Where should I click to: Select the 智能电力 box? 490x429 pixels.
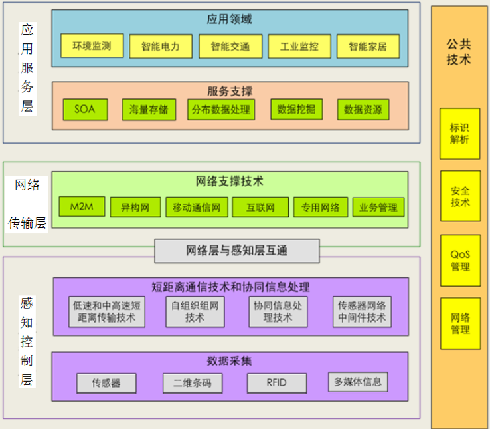coord(160,47)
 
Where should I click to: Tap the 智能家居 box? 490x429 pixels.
coord(362,47)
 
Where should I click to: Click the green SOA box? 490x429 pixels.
coord(85,110)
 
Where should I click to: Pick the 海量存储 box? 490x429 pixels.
coord(149,110)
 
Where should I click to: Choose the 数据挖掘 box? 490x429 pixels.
coord(296,110)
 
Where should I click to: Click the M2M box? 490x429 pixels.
coord(82,207)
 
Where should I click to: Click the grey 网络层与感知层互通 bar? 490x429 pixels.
coord(236,251)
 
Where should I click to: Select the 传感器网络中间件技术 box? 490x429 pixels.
coord(362,311)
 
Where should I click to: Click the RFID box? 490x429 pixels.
coord(277,383)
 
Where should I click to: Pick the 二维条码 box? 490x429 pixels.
coord(193,383)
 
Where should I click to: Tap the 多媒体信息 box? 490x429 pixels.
coord(358,382)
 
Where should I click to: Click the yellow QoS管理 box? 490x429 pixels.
coord(460,261)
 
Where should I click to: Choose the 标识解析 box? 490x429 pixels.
coord(459,134)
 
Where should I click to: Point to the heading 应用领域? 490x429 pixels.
coord(229,19)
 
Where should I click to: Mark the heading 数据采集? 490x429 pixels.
coord(229,361)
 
